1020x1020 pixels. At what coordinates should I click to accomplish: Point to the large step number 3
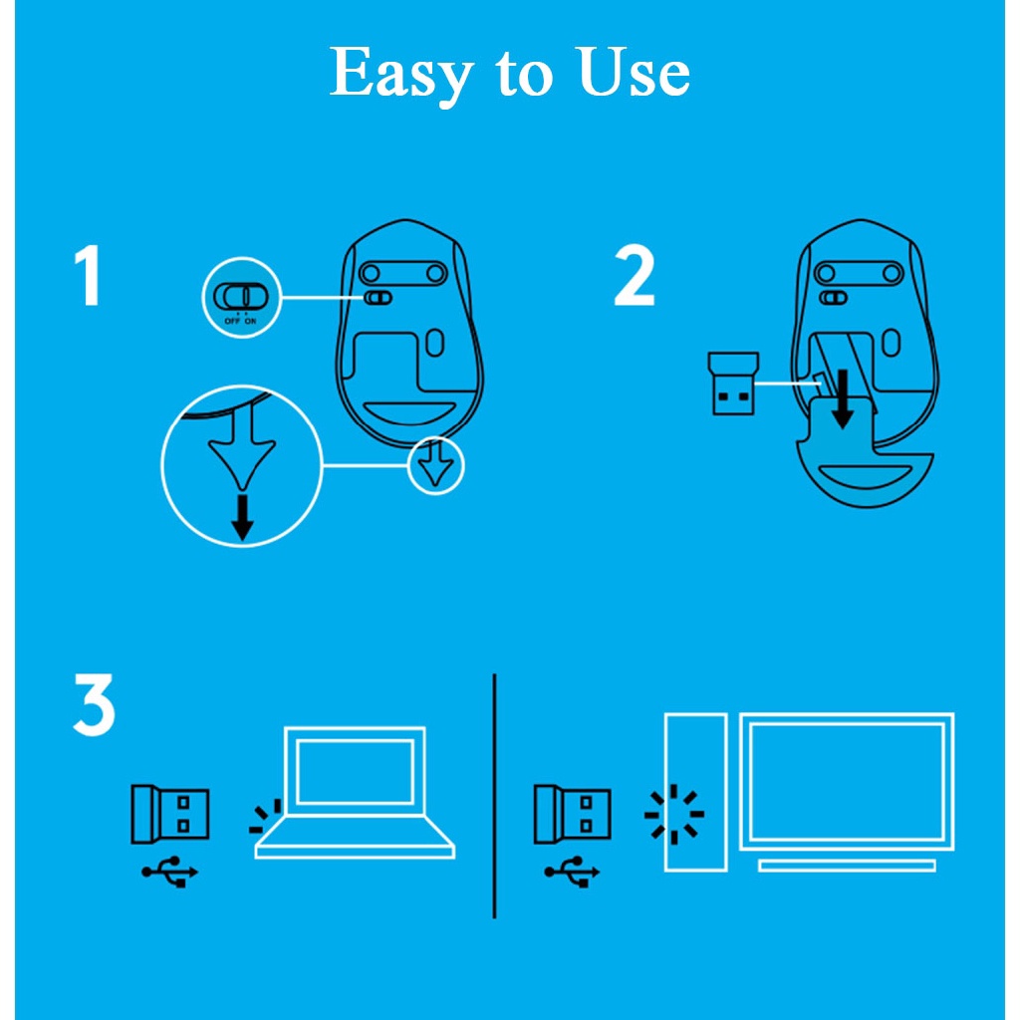[x=94, y=704]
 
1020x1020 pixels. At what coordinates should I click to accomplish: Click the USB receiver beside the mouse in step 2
[x=730, y=382]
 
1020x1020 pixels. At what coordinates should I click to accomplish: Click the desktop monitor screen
[x=847, y=781]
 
